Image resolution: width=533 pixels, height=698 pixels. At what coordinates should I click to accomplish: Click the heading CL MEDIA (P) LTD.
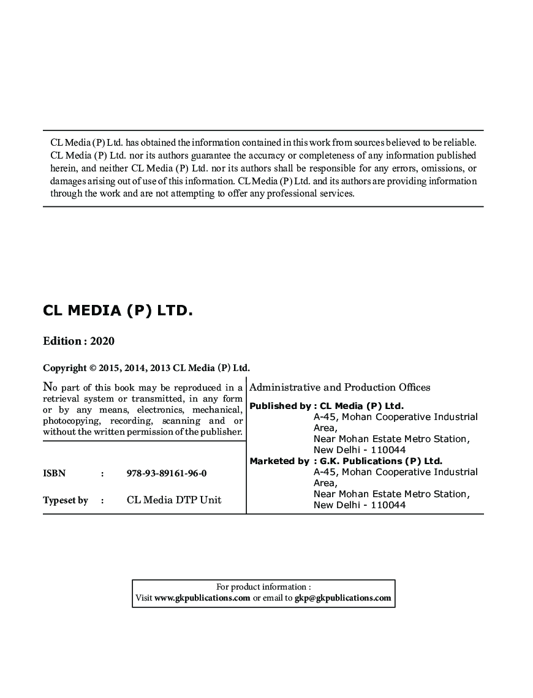[x=118, y=310]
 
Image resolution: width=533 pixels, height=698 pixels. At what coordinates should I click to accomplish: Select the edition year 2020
[x=102, y=341]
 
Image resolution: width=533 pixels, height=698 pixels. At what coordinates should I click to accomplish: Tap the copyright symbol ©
[x=93, y=368]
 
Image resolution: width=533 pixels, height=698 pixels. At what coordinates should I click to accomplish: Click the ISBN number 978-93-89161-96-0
[x=167, y=473]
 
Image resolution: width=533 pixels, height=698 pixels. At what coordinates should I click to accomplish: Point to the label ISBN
[x=54, y=473]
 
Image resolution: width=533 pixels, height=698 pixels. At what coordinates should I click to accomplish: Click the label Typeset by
[x=66, y=500]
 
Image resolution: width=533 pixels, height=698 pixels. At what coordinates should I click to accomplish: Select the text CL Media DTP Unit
[x=174, y=500]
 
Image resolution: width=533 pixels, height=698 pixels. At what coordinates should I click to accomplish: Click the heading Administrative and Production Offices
[x=340, y=387]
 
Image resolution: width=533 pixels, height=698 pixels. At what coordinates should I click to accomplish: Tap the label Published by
[x=280, y=405]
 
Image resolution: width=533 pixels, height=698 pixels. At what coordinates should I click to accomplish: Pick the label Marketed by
[x=279, y=461]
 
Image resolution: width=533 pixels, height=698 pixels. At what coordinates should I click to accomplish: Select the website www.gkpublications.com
[x=202, y=598]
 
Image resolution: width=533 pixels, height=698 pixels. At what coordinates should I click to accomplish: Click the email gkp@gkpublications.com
[x=342, y=598]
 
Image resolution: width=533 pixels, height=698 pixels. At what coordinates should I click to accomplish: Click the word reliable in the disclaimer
[x=461, y=143]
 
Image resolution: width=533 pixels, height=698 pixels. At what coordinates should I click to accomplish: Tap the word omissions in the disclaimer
[x=439, y=168]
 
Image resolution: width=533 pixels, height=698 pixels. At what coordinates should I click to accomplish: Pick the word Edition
[x=61, y=341]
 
